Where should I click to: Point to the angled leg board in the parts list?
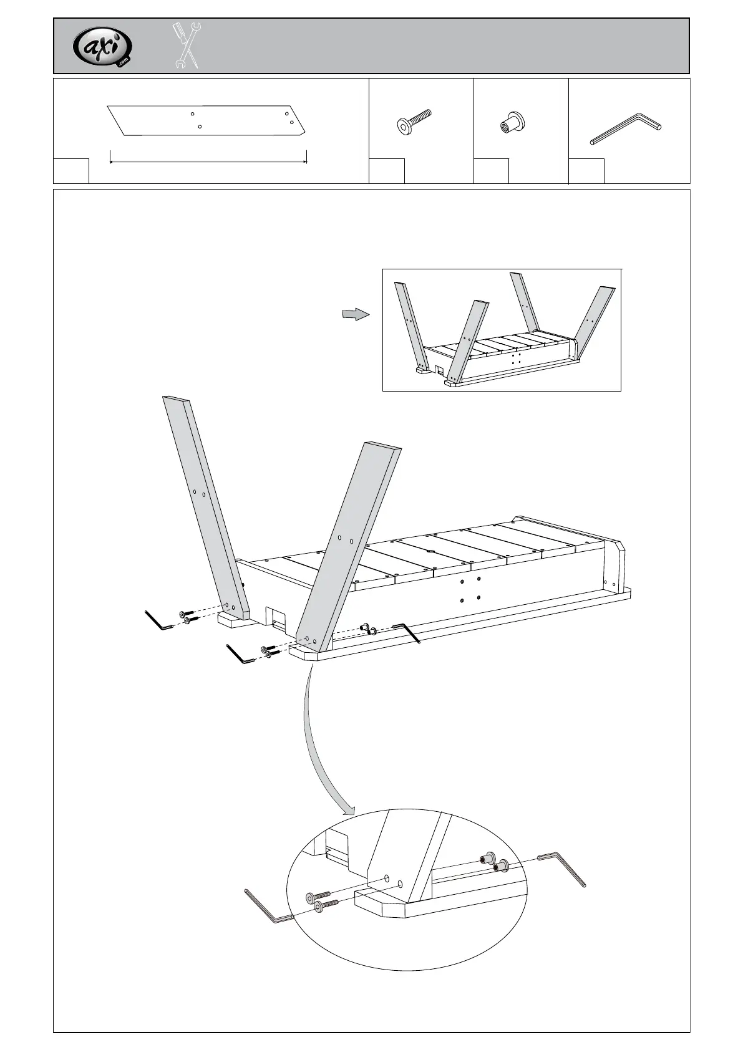pyautogui.click(x=206, y=120)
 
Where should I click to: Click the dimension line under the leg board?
pyautogui.click(x=208, y=161)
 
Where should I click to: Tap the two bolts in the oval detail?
pyautogui.click(x=321, y=902)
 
